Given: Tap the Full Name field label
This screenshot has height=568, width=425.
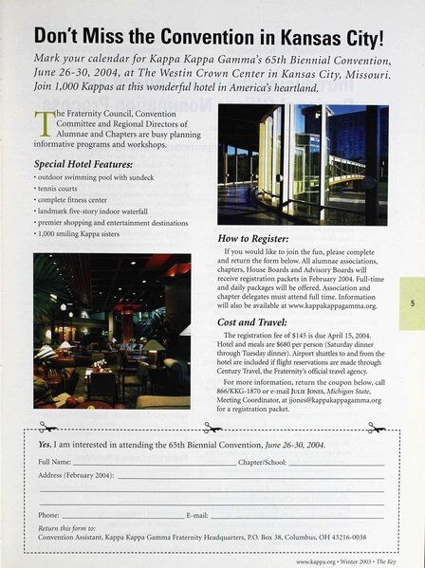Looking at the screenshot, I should click(x=56, y=461).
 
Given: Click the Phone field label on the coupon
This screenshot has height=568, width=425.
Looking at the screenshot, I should click(x=48, y=513).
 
